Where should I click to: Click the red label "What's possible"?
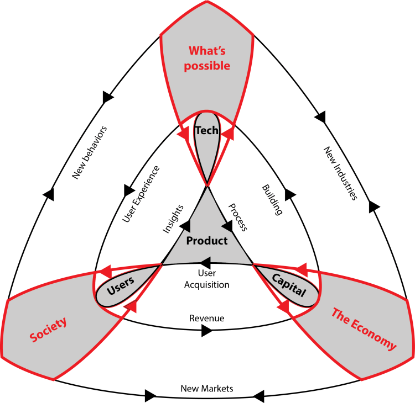tap(209, 58)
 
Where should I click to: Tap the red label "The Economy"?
tap(364, 330)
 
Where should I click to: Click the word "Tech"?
tap(206, 131)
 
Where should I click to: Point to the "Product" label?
tap(207, 241)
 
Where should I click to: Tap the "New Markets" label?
tap(207, 388)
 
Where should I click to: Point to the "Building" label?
tap(272, 200)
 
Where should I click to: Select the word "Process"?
tap(237, 216)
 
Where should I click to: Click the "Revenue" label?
tap(206, 319)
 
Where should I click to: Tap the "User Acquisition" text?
tap(206, 279)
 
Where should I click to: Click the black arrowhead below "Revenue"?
tap(206, 331)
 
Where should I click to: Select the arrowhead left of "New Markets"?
tap(151, 395)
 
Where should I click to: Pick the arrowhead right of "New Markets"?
tap(259, 395)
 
